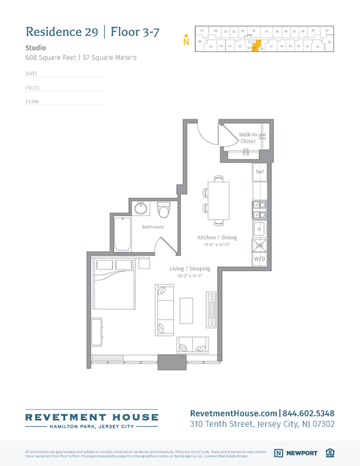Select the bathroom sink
142,208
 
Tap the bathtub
122,236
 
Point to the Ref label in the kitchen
259,172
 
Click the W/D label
259,258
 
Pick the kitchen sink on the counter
259,228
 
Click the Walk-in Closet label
247,137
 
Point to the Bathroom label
153,226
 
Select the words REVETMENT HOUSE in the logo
91,416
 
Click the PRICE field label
32,88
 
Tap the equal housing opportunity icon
330,452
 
